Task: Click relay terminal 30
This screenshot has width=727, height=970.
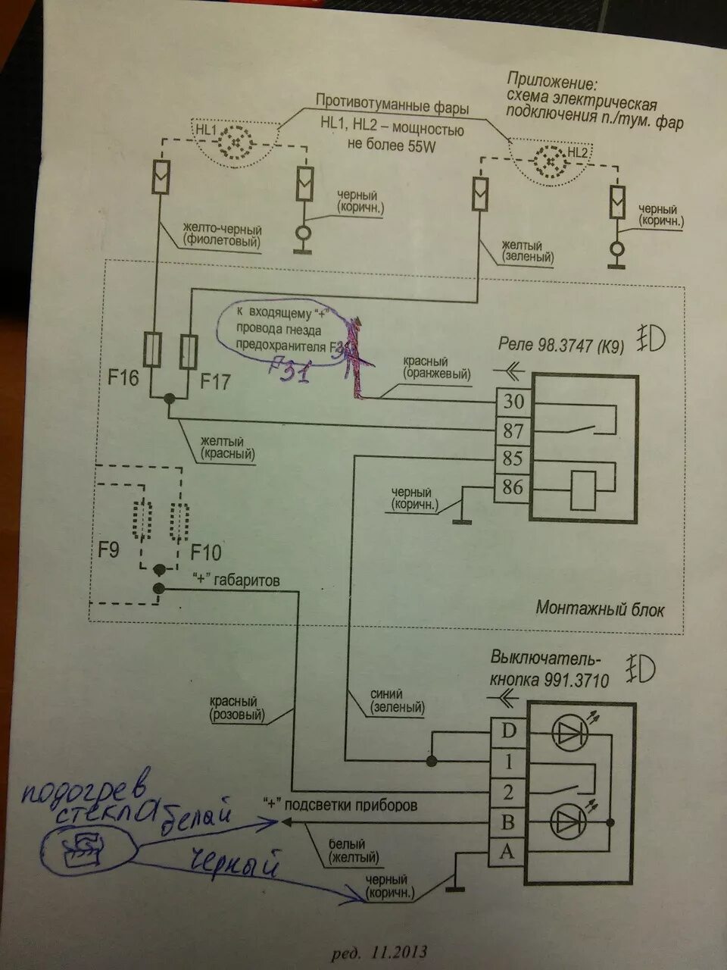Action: [x=513, y=402]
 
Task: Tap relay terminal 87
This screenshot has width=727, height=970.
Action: [x=513, y=430]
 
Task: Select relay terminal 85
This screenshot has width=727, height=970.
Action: [x=513, y=459]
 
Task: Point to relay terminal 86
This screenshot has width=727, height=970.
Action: [x=513, y=487]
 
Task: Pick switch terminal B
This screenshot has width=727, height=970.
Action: [x=507, y=821]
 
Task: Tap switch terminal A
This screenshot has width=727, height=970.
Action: [x=507, y=851]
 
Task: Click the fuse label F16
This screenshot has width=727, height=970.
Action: [x=123, y=377]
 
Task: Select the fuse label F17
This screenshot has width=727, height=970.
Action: [x=215, y=381]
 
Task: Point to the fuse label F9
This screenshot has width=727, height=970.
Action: [x=108, y=549]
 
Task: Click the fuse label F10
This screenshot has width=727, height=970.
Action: [x=205, y=552]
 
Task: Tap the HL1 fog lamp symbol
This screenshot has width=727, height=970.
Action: [x=240, y=142]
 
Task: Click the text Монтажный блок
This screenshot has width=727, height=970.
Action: [x=600, y=609]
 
